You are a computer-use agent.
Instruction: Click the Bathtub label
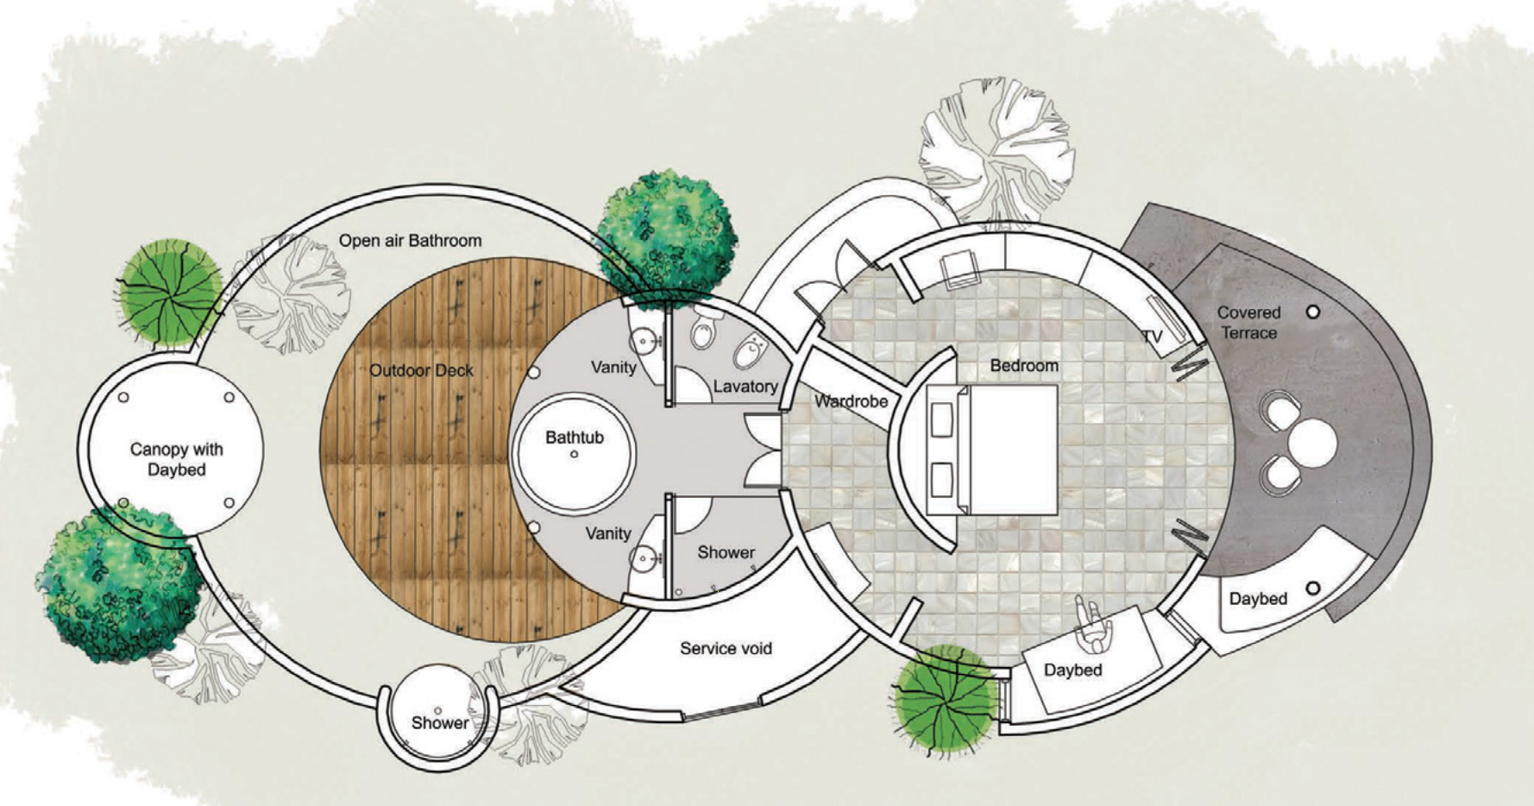pos(574,438)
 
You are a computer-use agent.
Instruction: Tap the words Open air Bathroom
pos(410,241)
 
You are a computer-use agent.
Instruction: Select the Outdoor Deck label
pos(421,371)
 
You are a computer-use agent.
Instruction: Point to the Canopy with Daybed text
pos(176,459)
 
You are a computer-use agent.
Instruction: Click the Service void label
pos(726,648)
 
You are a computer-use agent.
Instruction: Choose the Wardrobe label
pos(851,401)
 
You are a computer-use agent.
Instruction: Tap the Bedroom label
pos(1024,366)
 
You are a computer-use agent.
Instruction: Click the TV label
pos(1152,336)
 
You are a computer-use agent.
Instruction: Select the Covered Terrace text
pos(1248,323)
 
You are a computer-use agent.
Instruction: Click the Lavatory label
pos(745,387)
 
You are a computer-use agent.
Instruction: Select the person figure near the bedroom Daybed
pos(1093,625)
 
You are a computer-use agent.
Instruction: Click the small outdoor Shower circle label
pos(440,723)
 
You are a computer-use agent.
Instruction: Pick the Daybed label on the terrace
pos(1258,599)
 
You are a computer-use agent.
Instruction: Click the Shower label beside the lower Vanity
pos(726,552)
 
